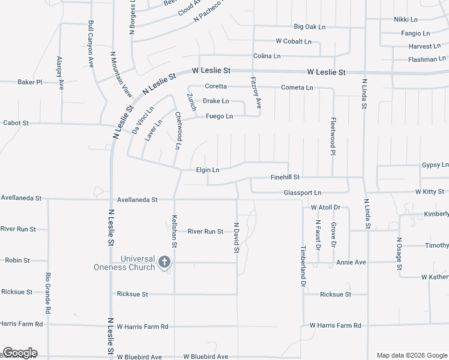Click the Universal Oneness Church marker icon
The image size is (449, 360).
click(164, 262)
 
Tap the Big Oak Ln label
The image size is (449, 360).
click(309, 27)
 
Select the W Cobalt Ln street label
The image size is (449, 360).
click(294, 41)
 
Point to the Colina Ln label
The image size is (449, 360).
click(267, 56)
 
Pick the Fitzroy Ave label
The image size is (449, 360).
click(256, 93)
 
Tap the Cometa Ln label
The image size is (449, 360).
click(297, 88)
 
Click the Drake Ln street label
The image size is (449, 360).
click(215, 101)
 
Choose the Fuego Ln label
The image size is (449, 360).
click(219, 116)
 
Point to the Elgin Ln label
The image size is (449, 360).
click(208, 170)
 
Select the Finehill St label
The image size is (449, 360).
click(285, 178)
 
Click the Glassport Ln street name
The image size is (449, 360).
click(303, 193)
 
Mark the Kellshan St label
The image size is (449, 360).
click(175, 231)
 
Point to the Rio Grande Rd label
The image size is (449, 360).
click(47, 293)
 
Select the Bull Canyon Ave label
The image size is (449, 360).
click(91, 44)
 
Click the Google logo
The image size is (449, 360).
click(20, 353)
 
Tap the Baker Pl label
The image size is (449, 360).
click(29, 82)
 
